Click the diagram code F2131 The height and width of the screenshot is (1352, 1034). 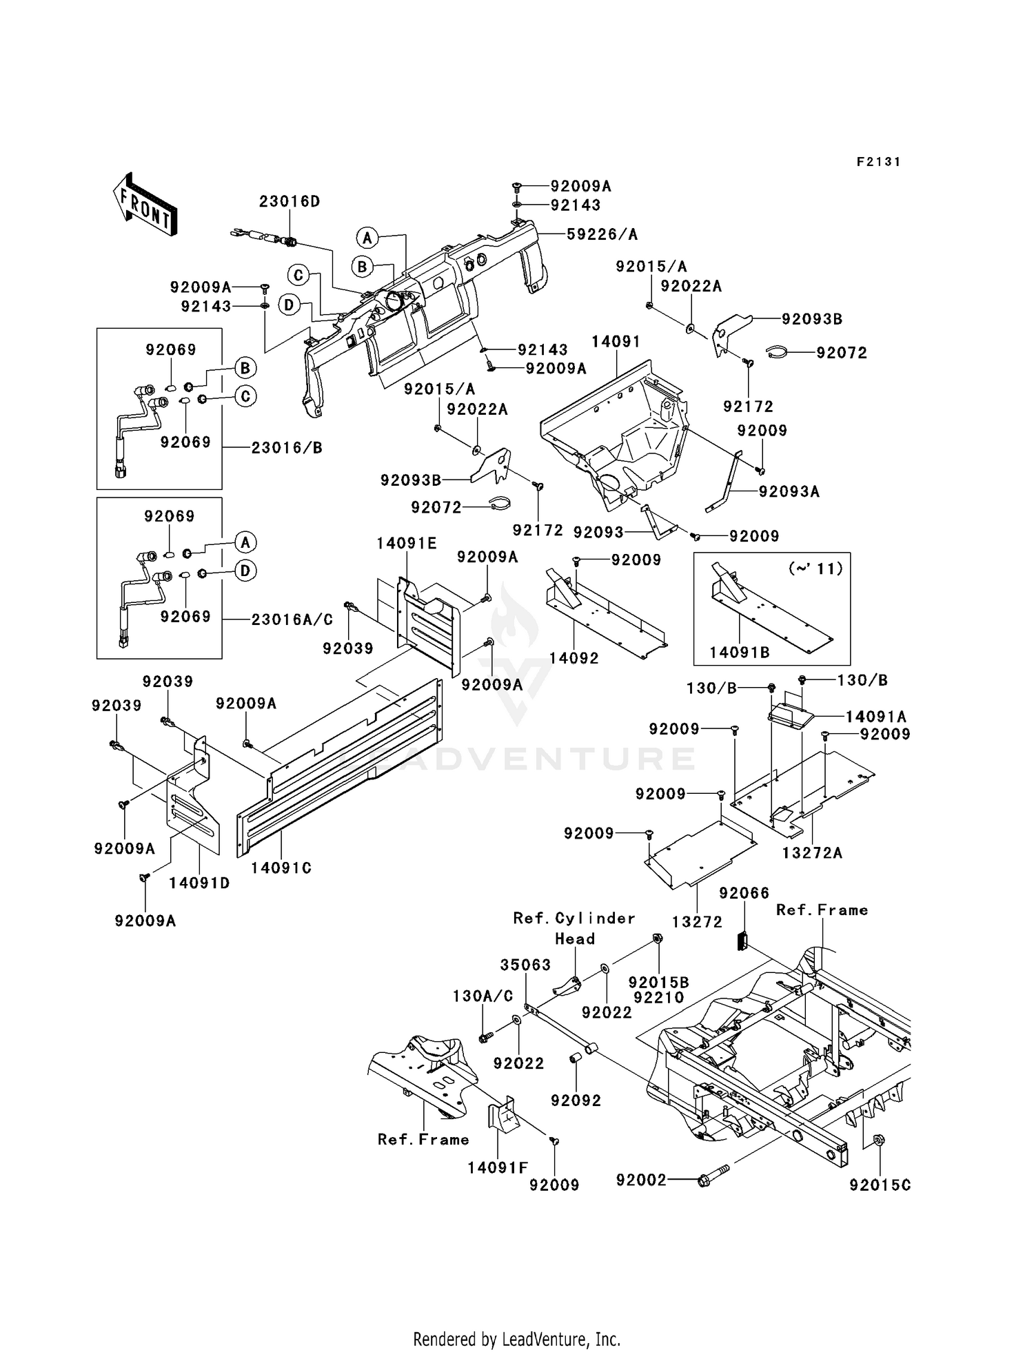(878, 161)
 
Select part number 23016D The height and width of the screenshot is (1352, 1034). (290, 201)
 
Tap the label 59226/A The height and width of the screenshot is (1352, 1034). (602, 234)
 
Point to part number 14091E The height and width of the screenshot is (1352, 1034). (406, 543)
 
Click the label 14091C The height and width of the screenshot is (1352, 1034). (281, 868)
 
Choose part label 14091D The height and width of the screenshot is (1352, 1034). (199, 883)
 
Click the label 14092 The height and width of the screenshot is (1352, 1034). (574, 658)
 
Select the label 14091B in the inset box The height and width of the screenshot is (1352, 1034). (739, 652)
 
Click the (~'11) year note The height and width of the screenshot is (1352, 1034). (815, 569)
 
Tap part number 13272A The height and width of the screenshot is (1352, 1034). (812, 852)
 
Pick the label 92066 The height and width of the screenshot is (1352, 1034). (744, 893)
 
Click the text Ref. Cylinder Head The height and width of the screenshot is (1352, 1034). (574, 928)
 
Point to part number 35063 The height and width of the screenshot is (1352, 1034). (525, 965)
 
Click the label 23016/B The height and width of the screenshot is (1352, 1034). (286, 447)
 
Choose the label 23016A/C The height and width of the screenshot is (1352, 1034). (292, 619)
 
